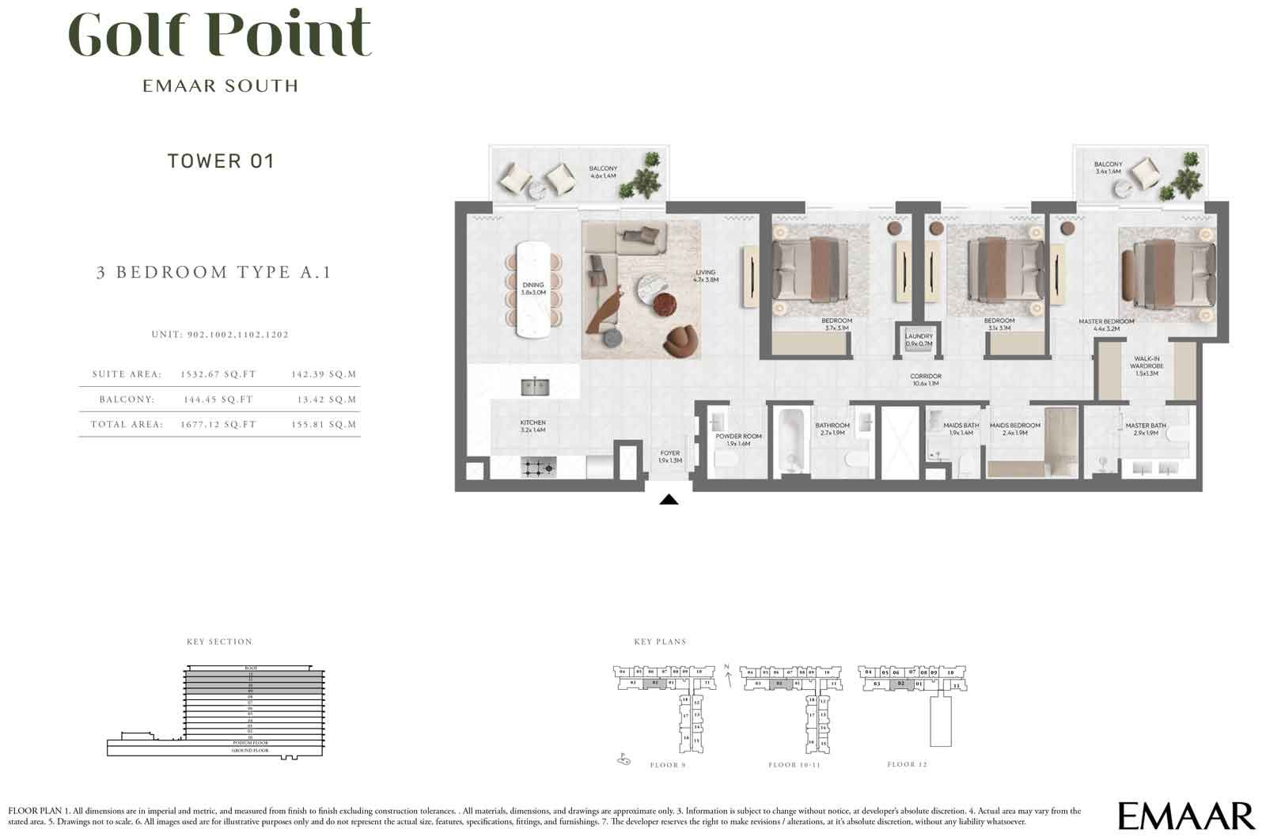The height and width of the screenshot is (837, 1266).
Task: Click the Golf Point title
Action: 220,33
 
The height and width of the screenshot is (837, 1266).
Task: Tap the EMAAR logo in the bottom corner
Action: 1186,816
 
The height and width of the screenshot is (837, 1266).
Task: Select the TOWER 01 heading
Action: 221,161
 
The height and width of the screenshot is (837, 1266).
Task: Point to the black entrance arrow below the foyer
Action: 669,499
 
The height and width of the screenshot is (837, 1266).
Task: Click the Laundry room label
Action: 919,340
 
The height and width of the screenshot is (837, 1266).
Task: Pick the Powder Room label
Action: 738,440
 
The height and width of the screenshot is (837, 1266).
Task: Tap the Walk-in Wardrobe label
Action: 1147,365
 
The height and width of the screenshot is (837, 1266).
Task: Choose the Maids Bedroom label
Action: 1014,429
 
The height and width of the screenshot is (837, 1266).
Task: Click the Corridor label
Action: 924,380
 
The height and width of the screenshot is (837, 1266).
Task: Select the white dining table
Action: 533,290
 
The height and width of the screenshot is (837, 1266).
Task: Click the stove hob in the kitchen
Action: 538,468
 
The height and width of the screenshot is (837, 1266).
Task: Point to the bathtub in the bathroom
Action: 790,441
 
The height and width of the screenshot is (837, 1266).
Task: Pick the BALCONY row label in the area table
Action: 127,400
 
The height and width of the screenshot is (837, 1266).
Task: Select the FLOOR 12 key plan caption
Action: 907,765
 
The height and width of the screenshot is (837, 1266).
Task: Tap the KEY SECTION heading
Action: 219,642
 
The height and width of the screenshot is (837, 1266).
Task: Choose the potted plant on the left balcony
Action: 640,177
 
